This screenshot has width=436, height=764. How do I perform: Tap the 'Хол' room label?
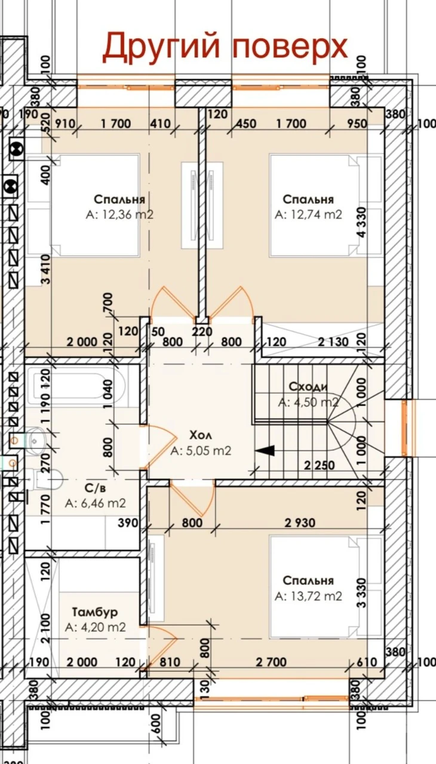tap(201, 435)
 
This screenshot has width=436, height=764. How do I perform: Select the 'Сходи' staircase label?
tap(308, 386)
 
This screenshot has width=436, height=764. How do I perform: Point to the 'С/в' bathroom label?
tap(95, 488)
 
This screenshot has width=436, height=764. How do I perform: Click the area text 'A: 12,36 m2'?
tap(119, 214)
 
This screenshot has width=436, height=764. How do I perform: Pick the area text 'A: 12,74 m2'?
tap(308, 214)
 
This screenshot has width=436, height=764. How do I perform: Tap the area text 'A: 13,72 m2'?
tap(308, 596)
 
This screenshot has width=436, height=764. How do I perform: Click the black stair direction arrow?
tap(265, 451)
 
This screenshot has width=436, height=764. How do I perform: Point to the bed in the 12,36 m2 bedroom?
tap(95, 205)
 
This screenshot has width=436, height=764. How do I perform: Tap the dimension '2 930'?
tap(300, 522)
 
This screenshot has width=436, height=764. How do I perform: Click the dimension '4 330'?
tap(361, 221)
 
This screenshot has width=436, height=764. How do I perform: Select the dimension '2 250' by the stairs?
tap(320, 465)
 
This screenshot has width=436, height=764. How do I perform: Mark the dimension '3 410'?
tap(46, 269)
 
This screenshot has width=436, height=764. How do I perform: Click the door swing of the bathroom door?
tap(159, 448)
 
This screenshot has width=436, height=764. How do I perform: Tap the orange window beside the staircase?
tap(405, 428)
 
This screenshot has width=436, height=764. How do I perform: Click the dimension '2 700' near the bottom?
tap(271, 662)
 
